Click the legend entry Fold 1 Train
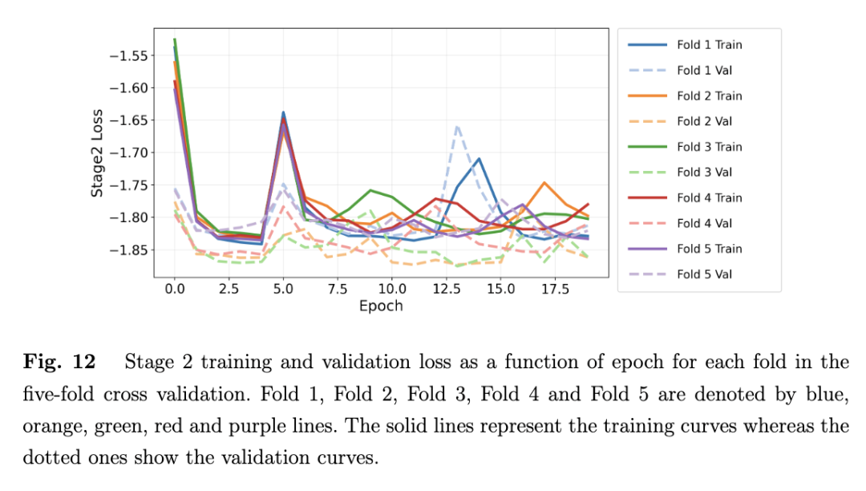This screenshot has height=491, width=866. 709,45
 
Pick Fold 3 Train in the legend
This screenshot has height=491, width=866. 709,147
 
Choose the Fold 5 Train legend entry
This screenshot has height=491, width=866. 709,249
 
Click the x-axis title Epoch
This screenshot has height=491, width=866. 381,306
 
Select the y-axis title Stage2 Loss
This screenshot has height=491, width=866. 96,153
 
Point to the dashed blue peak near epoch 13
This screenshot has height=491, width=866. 457,126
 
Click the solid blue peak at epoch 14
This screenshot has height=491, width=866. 479,159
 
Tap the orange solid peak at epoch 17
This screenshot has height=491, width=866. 544,183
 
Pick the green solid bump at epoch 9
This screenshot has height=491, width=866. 370,190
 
